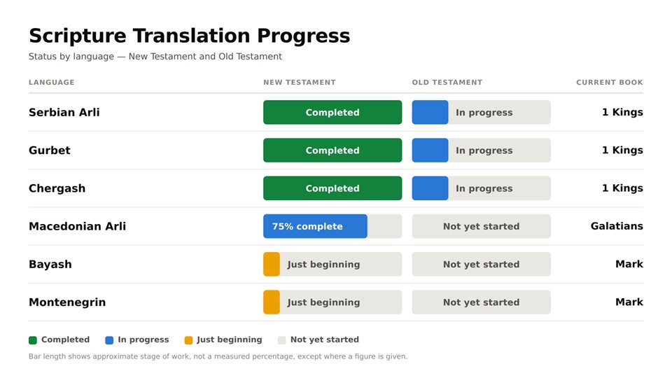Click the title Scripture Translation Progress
click(190, 36)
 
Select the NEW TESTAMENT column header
click(300, 83)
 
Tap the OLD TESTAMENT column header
click(447, 83)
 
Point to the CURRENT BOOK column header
click(610, 83)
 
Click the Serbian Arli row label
click(64, 112)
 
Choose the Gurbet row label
click(49, 150)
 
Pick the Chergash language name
click(57, 188)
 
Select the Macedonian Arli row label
click(77, 226)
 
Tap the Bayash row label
click(50, 265)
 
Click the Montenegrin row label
click(67, 302)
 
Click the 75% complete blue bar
click(315, 226)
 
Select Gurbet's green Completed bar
click(332, 150)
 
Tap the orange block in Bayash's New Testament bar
click(272, 265)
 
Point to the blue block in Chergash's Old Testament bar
click(430, 188)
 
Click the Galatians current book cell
click(617, 226)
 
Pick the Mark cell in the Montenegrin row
click(629, 302)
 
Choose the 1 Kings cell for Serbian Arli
click(622, 112)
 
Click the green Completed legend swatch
click(33, 340)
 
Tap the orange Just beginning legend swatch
click(188, 340)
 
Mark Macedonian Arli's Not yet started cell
click(482, 226)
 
